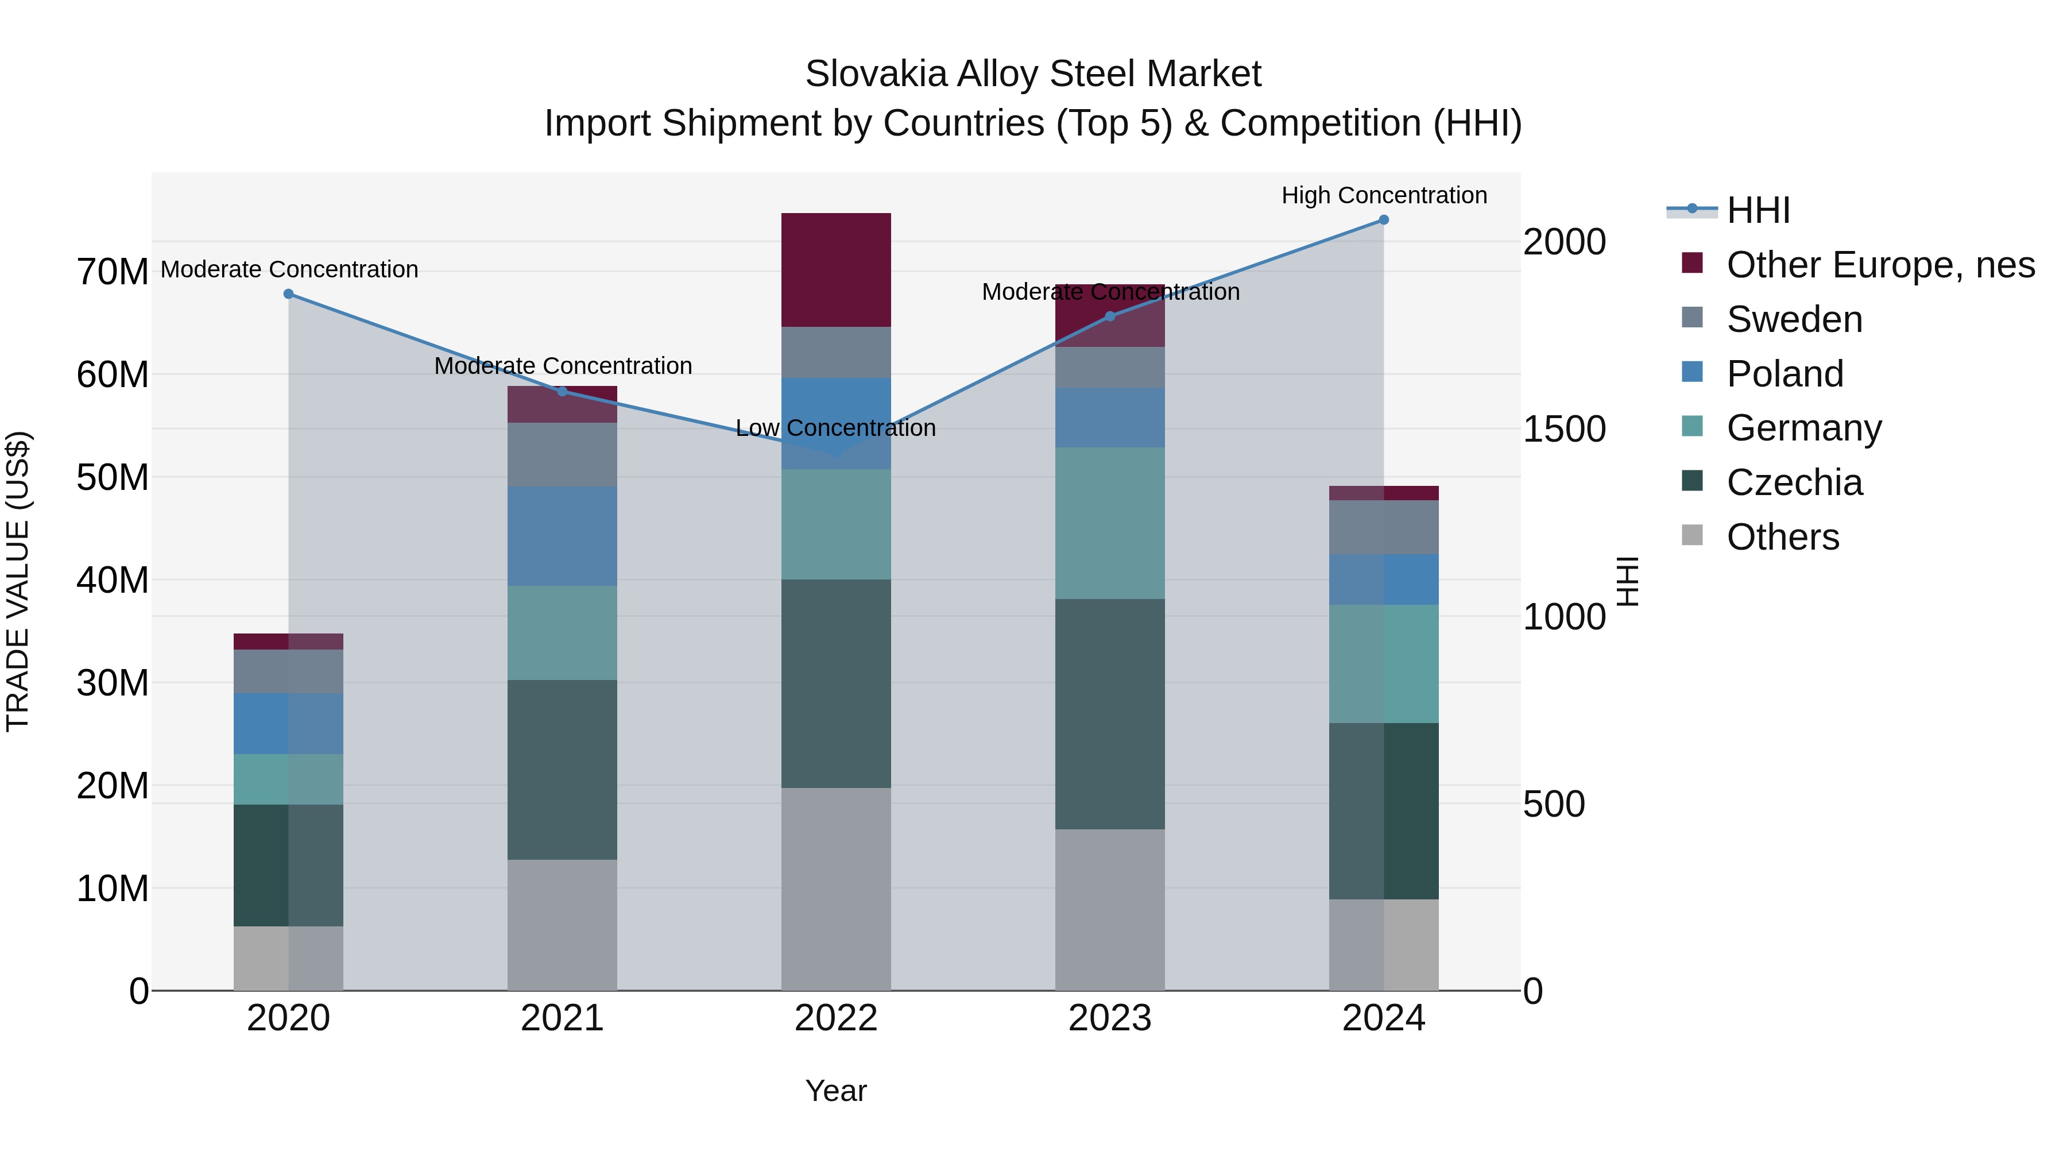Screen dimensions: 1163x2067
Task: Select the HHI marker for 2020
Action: pyautogui.click(x=289, y=293)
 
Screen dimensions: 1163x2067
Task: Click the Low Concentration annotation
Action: pyautogui.click(x=835, y=428)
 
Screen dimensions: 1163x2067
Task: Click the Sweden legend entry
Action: pyautogui.click(x=1794, y=319)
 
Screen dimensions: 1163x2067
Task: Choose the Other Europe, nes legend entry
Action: pyautogui.click(x=1880, y=265)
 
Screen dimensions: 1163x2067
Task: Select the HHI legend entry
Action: pyautogui.click(x=1758, y=210)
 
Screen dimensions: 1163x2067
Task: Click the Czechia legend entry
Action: pyautogui.click(x=1794, y=482)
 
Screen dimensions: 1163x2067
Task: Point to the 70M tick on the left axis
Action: pyautogui.click(x=113, y=272)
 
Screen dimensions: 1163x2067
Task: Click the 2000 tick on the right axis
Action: pyautogui.click(x=1564, y=242)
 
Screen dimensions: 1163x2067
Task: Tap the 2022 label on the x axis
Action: pyautogui.click(x=835, y=1018)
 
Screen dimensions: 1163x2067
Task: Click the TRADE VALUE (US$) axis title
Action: pyautogui.click(x=18, y=581)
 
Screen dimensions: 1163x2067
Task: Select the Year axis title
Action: pyautogui.click(x=835, y=1091)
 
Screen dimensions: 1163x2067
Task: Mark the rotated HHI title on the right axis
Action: pyautogui.click(x=1627, y=581)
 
